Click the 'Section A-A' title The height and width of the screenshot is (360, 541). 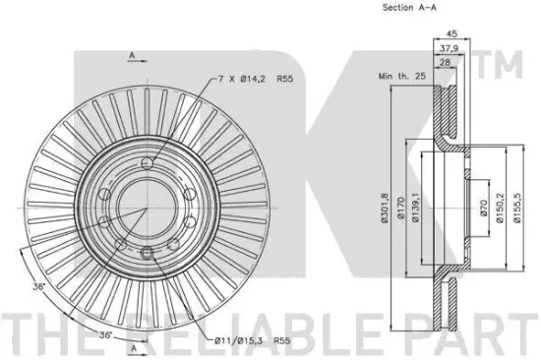point(409,7)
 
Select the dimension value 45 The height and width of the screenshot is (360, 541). point(452,33)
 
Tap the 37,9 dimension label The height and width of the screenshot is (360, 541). point(449,48)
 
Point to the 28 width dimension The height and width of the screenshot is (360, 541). point(445,62)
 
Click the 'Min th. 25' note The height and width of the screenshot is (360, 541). point(402,76)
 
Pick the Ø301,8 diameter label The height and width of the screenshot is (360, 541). point(385,208)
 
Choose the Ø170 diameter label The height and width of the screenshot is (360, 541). point(400,209)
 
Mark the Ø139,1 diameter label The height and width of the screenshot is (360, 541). point(415,208)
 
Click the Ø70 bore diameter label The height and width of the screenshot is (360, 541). point(483,209)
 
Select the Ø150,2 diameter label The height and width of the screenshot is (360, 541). point(500,208)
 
